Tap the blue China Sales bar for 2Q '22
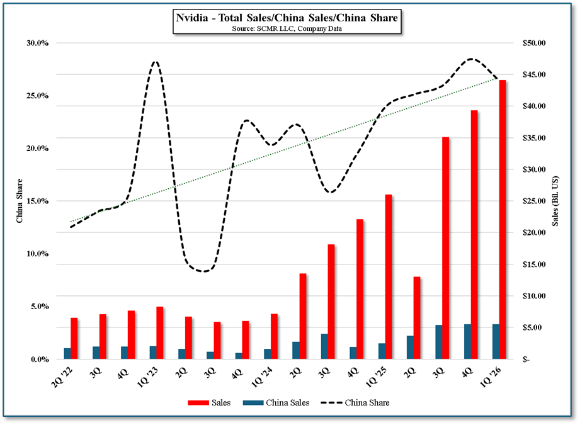67,353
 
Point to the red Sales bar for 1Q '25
389,276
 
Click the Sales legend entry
210,402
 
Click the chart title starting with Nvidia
286,18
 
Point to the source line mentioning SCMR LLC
286,29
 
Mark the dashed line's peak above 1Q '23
155,62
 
